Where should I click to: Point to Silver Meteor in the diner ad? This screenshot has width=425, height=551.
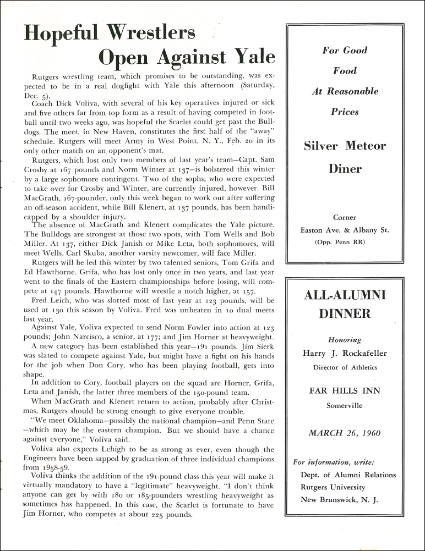(345, 146)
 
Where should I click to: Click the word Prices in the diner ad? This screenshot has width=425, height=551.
(345, 112)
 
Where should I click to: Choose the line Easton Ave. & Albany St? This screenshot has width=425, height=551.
(345, 230)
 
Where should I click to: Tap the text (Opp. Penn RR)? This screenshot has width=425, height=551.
(345, 242)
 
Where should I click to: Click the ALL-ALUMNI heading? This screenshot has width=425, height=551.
(345, 295)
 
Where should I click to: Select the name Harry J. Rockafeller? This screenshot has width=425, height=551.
(345, 354)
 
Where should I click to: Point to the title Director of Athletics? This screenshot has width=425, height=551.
(345, 367)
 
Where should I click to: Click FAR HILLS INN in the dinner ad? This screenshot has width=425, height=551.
(345, 391)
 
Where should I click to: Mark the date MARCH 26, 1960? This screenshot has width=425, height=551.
(345, 433)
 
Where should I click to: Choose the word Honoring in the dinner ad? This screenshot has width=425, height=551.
(345, 340)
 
